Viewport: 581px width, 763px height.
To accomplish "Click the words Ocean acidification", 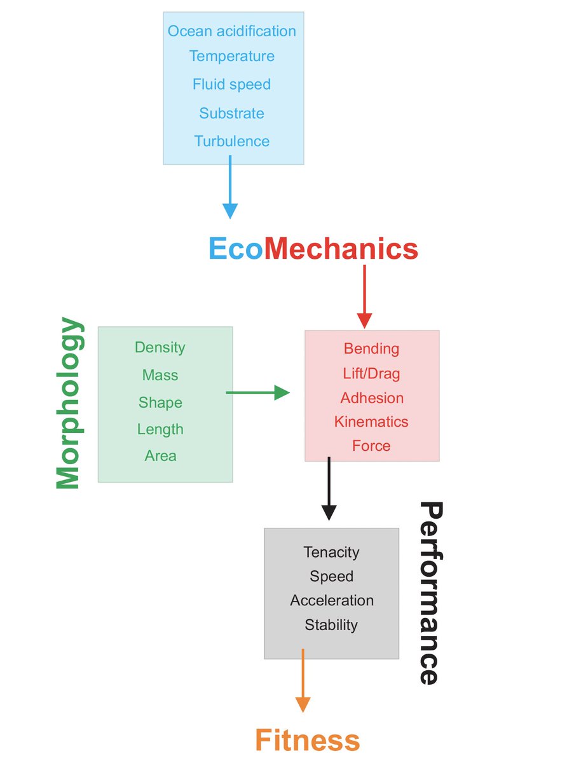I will tap(232, 31).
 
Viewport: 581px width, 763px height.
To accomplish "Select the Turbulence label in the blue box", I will tap(232, 141).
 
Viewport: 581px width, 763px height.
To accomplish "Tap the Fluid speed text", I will tap(232, 85).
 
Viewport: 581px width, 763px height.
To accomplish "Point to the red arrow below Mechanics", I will tap(364, 296).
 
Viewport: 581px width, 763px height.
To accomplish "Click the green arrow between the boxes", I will tap(257, 393).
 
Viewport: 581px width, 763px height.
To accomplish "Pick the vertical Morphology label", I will tap(69, 404).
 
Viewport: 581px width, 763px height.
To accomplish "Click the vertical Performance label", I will tap(430, 592).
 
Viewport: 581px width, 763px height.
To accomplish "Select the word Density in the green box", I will tap(160, 347).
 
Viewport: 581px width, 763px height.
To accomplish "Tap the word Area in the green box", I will tap(160, 456).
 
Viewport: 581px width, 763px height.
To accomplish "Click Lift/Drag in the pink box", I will tap(371, 373).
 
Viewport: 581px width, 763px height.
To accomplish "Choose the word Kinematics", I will tap(371, 422).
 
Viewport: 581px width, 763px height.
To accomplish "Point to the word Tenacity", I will tap(331, 552).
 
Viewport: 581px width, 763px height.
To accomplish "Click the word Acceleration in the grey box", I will tap(332, 600).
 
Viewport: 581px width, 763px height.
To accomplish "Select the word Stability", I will tap(331, 625).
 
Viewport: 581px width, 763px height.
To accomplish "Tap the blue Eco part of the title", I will tap(236, 249).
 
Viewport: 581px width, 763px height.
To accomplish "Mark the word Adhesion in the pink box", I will tap(372, 398).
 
